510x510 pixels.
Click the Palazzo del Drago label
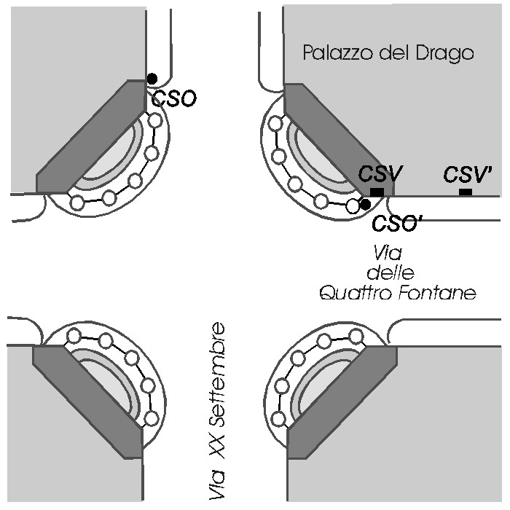(388, 53)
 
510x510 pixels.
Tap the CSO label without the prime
(174, 99)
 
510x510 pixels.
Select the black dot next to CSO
(152, 79)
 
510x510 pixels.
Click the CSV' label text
(468, 174)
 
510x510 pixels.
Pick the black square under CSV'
(466, 192)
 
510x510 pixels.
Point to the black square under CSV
(377, 192)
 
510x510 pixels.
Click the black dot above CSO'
(366, 204)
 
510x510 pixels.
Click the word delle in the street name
(391, 272)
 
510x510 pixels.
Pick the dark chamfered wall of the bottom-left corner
(88, 402)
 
